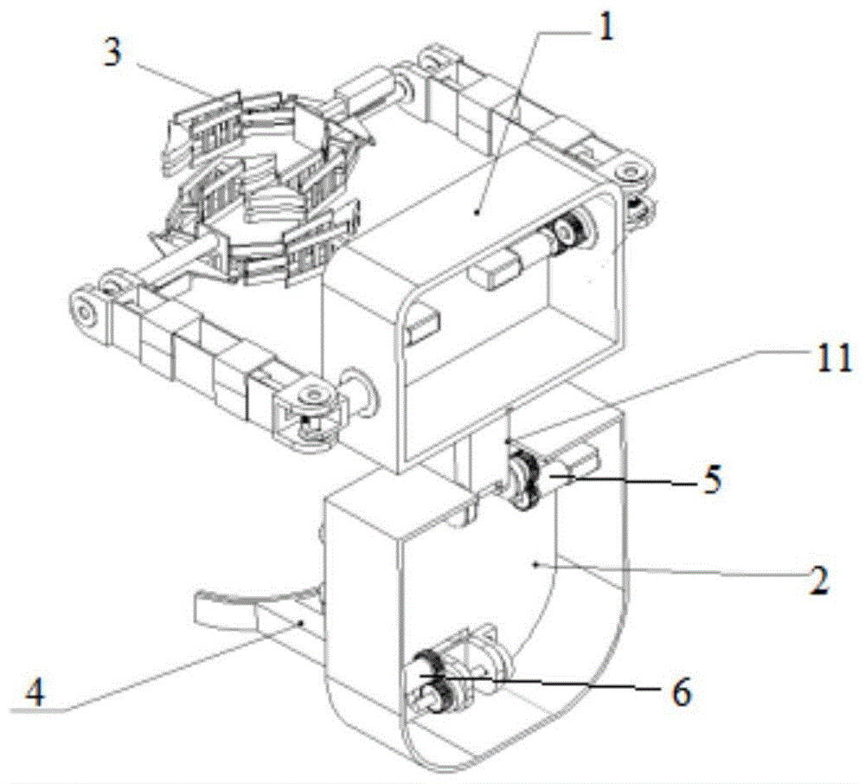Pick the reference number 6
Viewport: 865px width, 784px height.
click(x=681, y=691)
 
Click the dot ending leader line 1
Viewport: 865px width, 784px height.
click(x=477, y=210)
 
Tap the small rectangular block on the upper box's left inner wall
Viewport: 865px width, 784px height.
click(x=423, y=325)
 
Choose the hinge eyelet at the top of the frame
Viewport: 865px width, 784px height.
click(x=430, y=60)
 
